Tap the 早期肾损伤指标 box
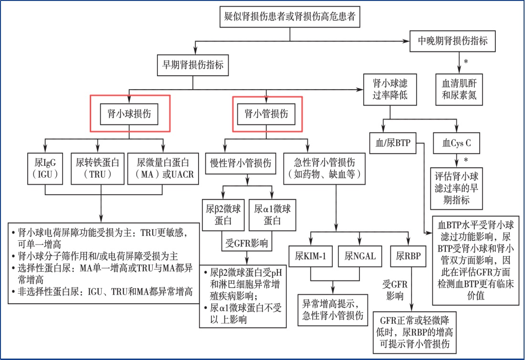click(190, 65)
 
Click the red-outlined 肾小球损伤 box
click(130, 114)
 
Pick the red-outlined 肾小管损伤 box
click(267, 114)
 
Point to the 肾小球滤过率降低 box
click(390, 89)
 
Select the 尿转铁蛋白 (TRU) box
click(97, 168)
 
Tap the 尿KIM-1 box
click(311, 255)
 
